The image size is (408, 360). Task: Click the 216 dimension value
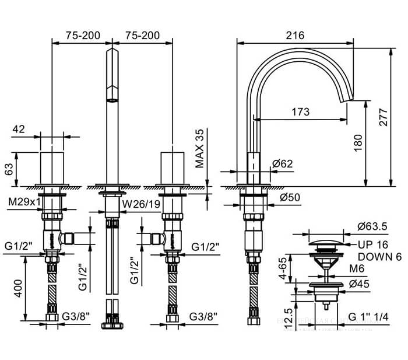click(x=296, y=36)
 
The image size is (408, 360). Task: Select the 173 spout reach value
click(x=300, y=113)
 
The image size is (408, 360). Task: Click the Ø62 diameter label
click(x=283, y=165)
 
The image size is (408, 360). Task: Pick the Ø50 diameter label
click(x=290, y=197)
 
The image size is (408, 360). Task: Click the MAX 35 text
click(x=201, y=148)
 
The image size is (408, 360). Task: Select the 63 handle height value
click(x=8, y=169)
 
